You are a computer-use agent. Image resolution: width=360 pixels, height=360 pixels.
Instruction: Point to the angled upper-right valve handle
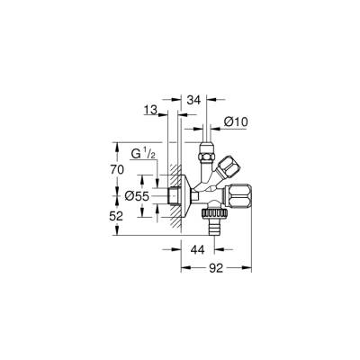click(x=228, y=165)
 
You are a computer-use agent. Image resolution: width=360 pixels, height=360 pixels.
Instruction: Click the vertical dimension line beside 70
click(x=119, y=168)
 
